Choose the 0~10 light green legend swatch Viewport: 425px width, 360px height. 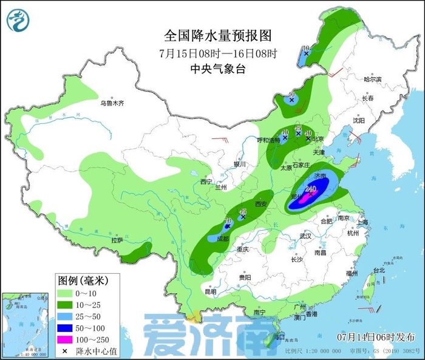tap(66, 293)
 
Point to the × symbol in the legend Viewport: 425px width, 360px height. tap(66, 350)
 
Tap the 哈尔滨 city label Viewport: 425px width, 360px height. tap(372, 80)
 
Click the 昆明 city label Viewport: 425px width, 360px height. tap(211, 291)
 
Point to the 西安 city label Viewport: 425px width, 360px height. tap(261, 205)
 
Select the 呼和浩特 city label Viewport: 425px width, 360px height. tap(268, 140)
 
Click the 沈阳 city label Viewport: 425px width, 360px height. tap(359, 120)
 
